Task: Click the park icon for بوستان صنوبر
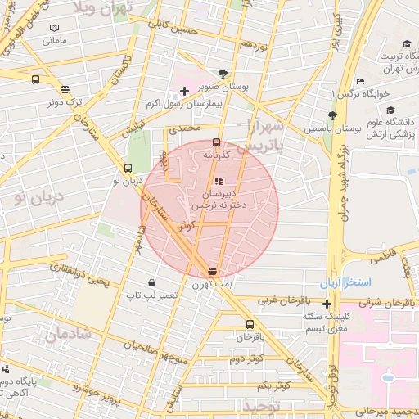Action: click(x=224, y=73)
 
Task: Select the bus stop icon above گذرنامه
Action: click(x=216, y=142)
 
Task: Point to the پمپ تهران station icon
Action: click(x=213, y=271)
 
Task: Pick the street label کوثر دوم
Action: click(x=246, y=359)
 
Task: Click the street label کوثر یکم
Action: click(x=274, y=385)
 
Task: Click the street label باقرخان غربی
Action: click(x=281, y=300)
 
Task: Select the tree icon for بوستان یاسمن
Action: click(x=331, y=115)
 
